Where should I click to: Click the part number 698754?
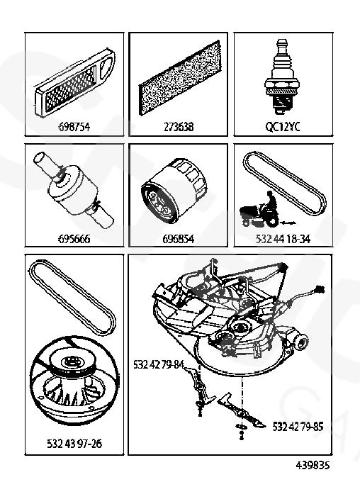(74, 127)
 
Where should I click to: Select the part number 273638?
(179, 127)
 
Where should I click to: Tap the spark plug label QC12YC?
(283, 127)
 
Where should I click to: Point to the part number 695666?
(74, 238)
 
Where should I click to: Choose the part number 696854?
(179, 238)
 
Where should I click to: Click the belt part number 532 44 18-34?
(283, 238)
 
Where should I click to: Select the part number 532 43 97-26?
(74, 443)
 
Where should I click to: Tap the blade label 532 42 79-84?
(159, 364)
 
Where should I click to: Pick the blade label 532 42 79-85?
(298, 426)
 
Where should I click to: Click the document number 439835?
(313, 465)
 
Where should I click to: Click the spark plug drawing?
(282, 77)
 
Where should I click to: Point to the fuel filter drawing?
(74, 190)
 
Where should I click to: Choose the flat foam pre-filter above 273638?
(179, 78)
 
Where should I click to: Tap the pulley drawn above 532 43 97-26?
(74, 380)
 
